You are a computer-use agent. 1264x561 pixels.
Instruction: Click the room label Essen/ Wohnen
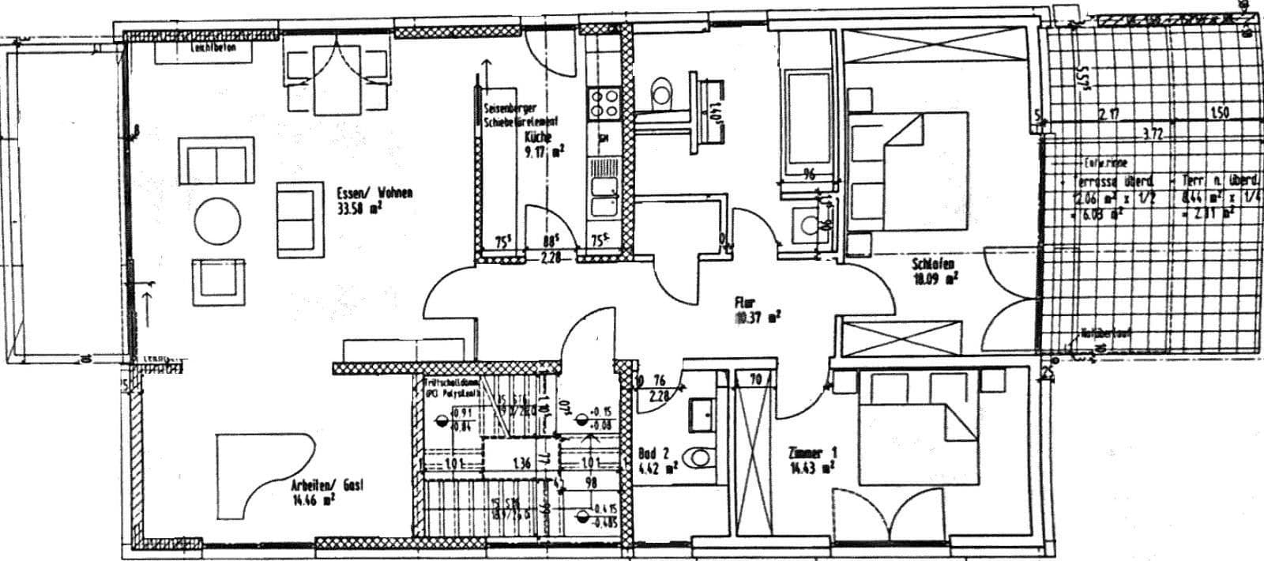pos(374,194)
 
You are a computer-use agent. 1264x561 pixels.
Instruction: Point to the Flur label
pos(745,302)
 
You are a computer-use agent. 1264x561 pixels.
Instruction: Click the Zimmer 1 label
pos(812,454)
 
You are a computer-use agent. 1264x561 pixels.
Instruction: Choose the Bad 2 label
pos(653,454)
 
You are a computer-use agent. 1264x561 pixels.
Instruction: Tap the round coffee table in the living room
pos(218,220)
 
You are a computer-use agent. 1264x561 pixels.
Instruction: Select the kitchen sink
pos(605,196)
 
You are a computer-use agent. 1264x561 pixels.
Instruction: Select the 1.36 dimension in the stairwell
pos(521,464)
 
